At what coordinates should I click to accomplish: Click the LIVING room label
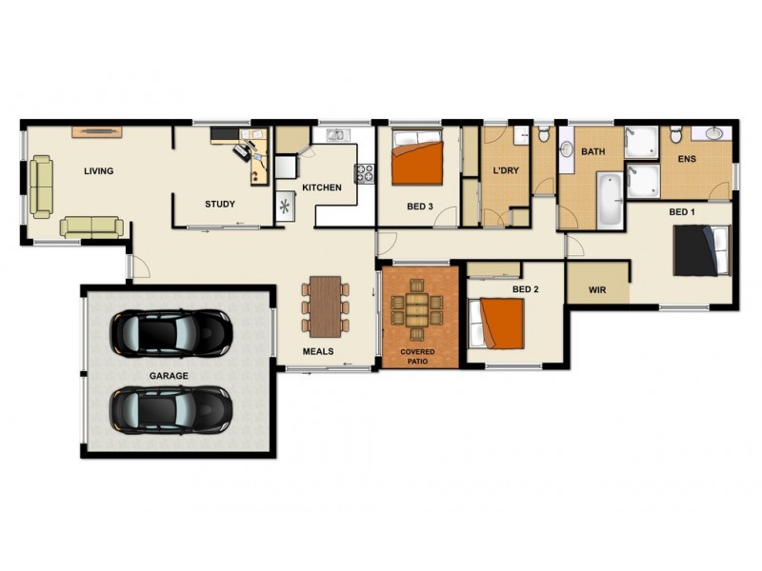(x=98, y=171)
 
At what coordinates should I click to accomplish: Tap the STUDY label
(x=220, y=204)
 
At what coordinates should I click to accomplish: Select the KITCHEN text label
(x=321, y=187)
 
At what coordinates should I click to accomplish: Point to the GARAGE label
(x=168, y=376)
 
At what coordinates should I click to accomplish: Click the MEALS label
(x=317, y=351)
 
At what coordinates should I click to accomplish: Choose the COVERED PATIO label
(x=417, y=358)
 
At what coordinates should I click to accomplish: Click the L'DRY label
(x=504, y=170)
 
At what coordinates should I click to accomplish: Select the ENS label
(x=687, y=159)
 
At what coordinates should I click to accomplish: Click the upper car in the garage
(x=170, y=331)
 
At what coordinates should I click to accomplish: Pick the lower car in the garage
(x=170, y=408)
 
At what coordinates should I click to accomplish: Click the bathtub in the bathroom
(x=609, y=199)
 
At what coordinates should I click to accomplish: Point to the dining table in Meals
(x=325, y=305)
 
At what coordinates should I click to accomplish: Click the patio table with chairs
(x=417, y=310)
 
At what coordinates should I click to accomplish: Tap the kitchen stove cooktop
(x=364, y=173)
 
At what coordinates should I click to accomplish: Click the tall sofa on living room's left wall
(x=41, y=187)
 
